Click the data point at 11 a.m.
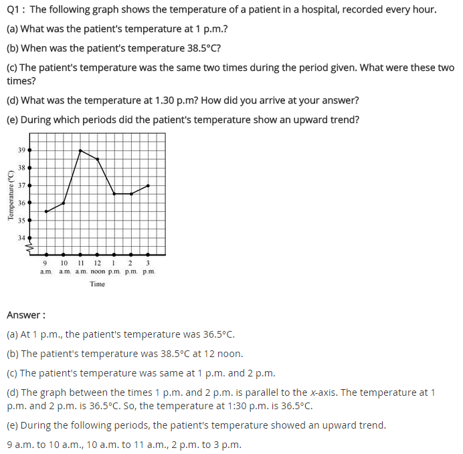pyautogui.click(x=80, y=150)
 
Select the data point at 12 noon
pyautogui.click(x=98, y=159)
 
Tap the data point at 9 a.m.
pyautogui.click(x=46, y=211)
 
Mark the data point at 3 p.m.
pyautogui.click(x=148, y=185)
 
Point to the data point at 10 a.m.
pyautogui.click(x=64, y=203)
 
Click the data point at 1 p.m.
pyautogui.click(x=114, y=194)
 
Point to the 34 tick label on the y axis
pyautogui.click(x=21, y=237)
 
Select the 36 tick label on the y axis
pyautogui.click(x=21, y=203)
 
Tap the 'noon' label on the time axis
pyautogui.click(x=98, y=271)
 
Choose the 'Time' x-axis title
pyautogui.click(x=98, y=284)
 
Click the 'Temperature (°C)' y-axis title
pyautogui.click(x=10, y=195)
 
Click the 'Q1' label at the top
pyautogui.click(x=13, y=10)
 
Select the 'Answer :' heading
pyautogui.click(x=25, y=314)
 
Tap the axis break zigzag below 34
pyautogui.click(x=29, y=247)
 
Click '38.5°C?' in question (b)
pyautogui.click(x=201, y=49)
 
